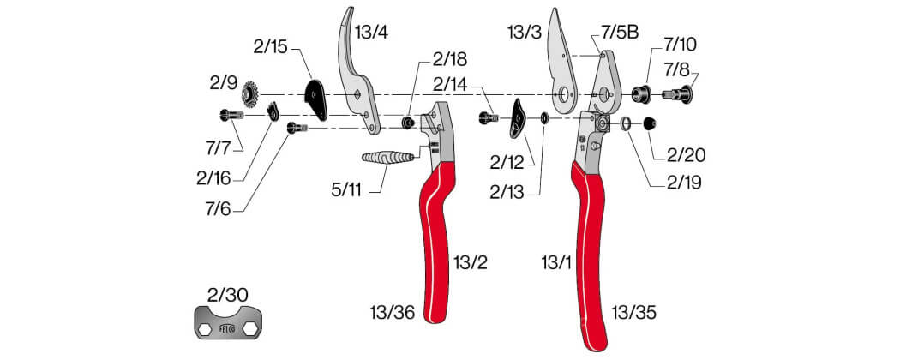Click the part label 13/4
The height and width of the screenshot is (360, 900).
coord(371,33)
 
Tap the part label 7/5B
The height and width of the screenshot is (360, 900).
coord(620,33)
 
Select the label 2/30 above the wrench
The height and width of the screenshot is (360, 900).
coord(228,295)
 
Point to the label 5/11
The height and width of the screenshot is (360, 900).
coord(346,190)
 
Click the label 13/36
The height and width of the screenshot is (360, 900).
coord(393,313)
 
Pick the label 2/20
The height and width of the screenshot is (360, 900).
coord(687,155)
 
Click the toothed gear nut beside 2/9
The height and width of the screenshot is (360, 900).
coord(251,93)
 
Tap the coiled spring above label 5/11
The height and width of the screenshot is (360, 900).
coord(388,156)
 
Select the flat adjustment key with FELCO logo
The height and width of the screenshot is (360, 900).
coord(229,322)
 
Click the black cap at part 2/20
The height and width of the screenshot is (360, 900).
coord(649,123)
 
